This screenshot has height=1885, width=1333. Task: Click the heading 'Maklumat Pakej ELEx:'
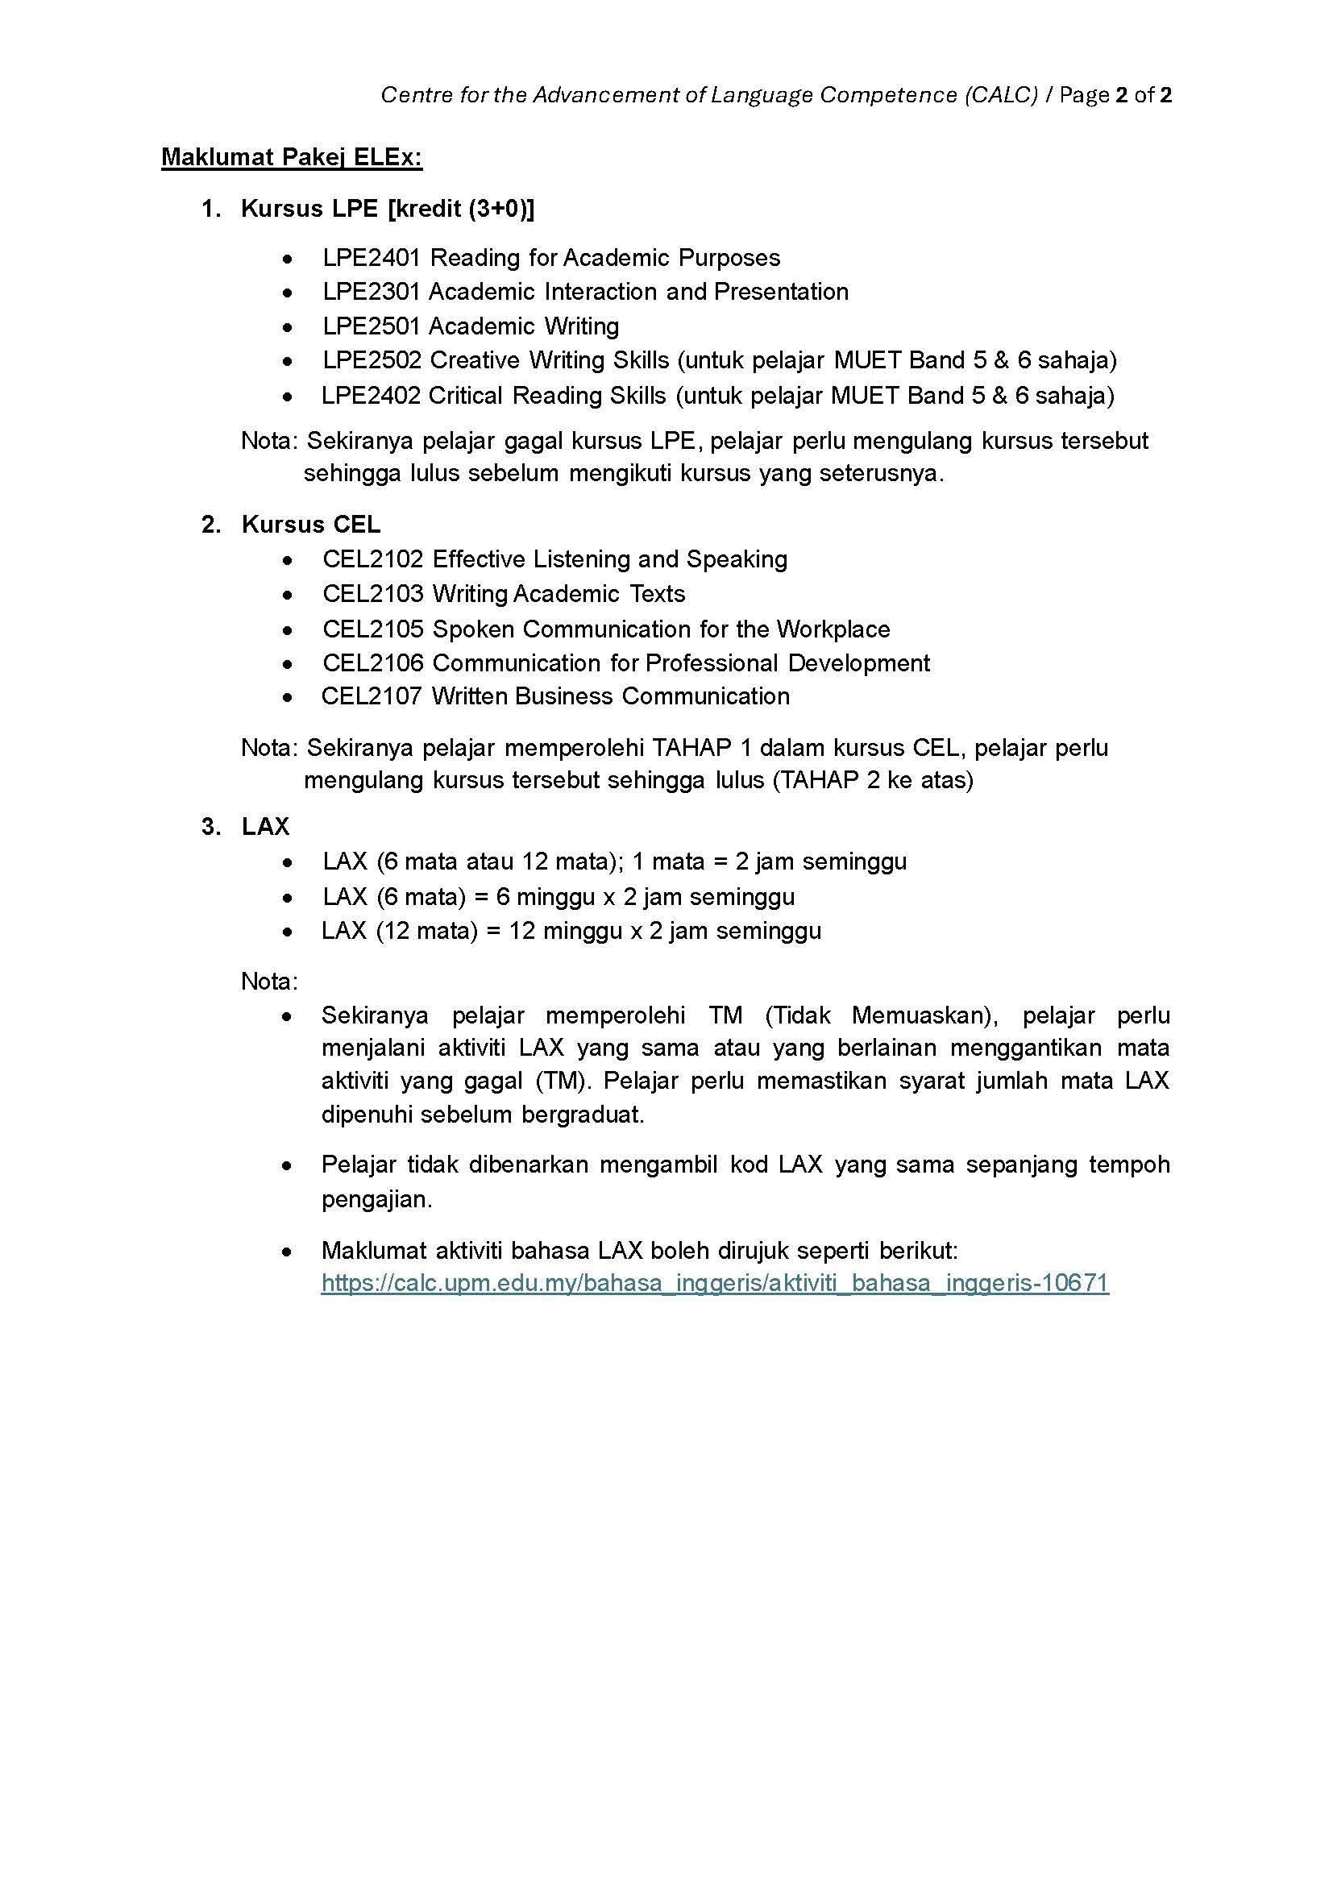click(x=292, y=157)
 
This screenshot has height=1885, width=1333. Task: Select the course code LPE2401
click(x=371, y=258)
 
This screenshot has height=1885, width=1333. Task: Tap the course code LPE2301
click(x=371, y=292)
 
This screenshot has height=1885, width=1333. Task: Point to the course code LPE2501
click(x=371, y=326)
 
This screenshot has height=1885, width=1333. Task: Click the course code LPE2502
click(x=371, y=360)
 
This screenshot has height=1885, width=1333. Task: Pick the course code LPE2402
click(x=370, y=396)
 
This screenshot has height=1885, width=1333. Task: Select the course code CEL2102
click(x=372, y=559)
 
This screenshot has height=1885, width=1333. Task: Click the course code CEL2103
click(x=372, y=594)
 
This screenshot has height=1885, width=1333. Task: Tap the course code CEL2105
click(x=372, y=629)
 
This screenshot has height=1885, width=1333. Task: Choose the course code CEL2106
click(x=372, y=662)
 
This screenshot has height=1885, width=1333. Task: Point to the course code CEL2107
click(x=371, y=696)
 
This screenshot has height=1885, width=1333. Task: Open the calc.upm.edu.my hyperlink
click(x=714, y=1283)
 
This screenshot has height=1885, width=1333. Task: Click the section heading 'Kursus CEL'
click(x=310, y=525)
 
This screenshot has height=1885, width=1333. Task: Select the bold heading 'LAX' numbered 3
click(x=265, y=827)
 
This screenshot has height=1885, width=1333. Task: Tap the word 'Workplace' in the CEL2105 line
click(x=833, y=629)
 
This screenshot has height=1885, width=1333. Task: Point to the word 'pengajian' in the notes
click(x=375, y=1199)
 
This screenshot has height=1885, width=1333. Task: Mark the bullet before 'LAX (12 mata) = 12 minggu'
click(x=286, y=932)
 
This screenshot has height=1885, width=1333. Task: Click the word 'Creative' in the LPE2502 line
click(x=475, y=360)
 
